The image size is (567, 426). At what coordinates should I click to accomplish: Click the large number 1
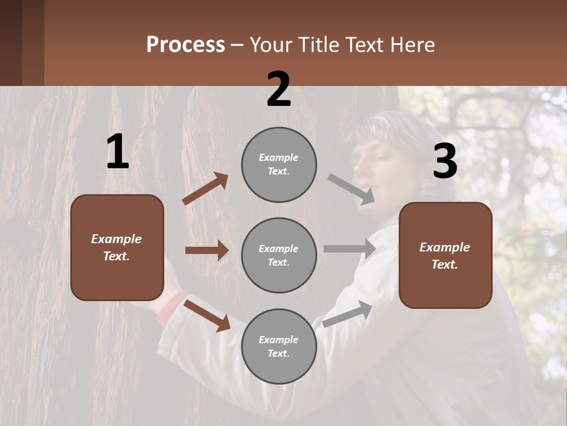[118, 152]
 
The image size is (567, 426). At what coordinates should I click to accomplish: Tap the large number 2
[279, 89]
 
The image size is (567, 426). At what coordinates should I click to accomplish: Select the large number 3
[445, 162]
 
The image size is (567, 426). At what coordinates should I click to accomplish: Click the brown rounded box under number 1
[117, 247]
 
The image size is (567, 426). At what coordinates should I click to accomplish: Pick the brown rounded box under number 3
[445, 256]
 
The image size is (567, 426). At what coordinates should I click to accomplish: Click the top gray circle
[279, 164]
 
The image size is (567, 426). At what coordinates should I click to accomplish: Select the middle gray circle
[279, 256]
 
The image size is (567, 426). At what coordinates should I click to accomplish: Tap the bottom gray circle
[279, 347]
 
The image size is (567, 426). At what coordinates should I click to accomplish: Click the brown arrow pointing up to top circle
[205, 189]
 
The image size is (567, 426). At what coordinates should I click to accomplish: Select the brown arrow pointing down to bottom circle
[207, 315]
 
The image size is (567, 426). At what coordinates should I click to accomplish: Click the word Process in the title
[185, 45]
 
